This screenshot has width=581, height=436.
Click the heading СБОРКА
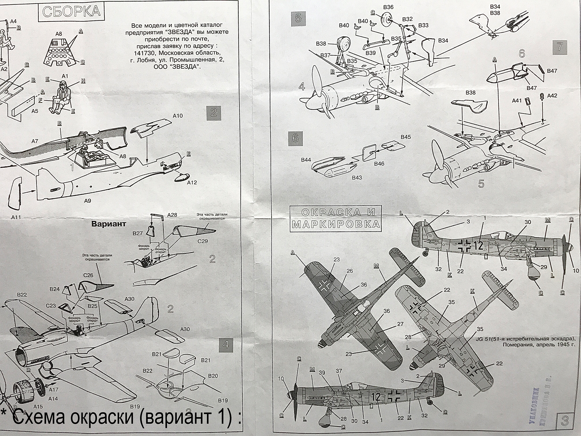(x=71, y=12)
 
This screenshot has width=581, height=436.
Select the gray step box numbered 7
(x=560, y=47)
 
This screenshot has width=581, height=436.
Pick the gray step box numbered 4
(x=226, y=345)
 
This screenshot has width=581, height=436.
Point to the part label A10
(x=178, y=116)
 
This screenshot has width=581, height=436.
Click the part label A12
(x=192, y=183)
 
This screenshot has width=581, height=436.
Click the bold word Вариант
(x=108, y=224)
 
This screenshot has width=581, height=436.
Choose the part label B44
(x=306, y=160)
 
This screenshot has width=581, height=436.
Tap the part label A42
(x=552, y=96)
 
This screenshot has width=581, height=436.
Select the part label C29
(x=203, y=241)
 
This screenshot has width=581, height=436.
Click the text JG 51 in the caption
(x=484, y=339)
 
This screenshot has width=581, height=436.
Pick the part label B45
(x=406, y=137)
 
